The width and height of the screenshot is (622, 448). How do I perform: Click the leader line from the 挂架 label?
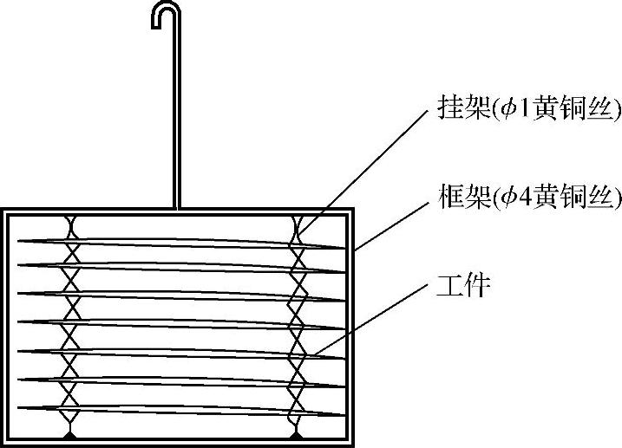click(x=364, y=172)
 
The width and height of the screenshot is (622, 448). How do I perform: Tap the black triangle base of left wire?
click(x=69, y=431)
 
